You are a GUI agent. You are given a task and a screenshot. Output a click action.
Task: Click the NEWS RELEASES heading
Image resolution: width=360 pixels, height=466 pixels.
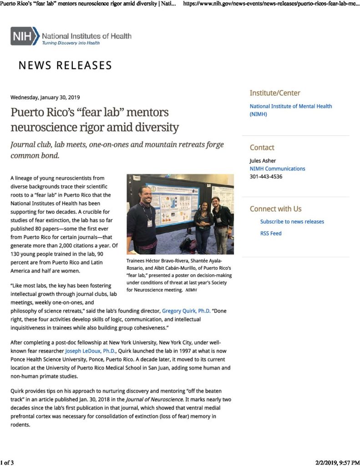(65, 66)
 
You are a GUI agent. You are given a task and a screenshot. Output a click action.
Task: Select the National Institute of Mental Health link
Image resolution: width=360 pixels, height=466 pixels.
(290, 110)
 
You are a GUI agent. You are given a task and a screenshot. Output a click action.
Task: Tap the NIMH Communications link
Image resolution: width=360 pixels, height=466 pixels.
(277, 168)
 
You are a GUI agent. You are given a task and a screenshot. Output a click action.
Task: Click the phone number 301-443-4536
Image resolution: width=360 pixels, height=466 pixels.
(266, 177)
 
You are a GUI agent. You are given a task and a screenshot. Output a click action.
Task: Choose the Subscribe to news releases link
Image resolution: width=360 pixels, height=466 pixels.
(292, 222)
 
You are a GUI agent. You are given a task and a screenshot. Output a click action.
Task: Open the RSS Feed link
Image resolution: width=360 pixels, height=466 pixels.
(271, 233)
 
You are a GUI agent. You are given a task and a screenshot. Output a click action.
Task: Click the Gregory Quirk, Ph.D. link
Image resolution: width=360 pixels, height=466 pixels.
(186, 311)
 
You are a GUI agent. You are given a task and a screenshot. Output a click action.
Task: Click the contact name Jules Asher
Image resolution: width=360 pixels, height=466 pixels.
(263, 161)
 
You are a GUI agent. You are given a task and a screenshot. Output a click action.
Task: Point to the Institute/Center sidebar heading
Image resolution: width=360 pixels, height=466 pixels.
(274, 93)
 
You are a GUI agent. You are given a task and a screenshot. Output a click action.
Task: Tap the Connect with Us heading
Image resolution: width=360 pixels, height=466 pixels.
(275, 209)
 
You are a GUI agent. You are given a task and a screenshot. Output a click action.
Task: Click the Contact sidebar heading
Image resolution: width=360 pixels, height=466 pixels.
(262, 147)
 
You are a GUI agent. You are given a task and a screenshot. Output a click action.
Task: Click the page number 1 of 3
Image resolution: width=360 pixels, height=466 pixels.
(7, 462)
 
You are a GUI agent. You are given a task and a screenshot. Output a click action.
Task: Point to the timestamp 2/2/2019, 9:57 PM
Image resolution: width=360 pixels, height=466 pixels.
(337, 462)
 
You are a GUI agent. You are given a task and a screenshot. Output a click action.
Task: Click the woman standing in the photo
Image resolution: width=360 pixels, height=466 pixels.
(203, 223)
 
